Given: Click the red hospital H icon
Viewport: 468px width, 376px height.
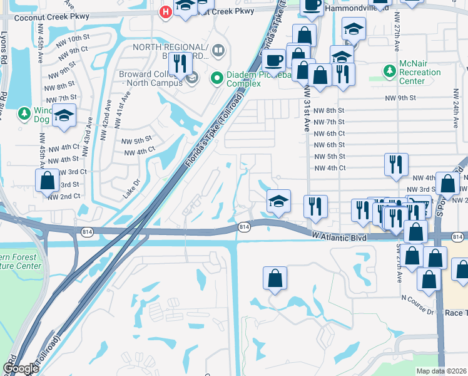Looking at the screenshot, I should (166, 11).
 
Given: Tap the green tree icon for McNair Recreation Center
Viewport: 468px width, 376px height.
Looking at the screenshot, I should (390, 70).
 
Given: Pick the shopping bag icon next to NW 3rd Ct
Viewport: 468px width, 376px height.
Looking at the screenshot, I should (48, 181).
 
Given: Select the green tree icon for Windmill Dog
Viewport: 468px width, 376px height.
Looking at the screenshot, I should (24, 113).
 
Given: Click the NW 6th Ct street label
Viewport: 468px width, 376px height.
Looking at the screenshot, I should (329, 133).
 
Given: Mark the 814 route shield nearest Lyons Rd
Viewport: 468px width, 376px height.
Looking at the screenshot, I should (84, 231).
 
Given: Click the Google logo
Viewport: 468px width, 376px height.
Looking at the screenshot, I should (20, 368).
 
